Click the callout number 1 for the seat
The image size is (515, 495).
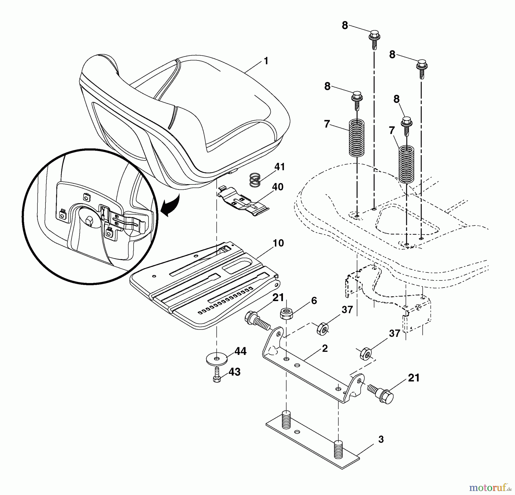[266, 61]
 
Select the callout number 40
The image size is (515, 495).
[278, 187]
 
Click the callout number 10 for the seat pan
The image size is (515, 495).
[278, 243]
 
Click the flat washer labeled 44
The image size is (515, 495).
[217, 358]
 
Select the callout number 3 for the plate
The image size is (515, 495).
[381, 439]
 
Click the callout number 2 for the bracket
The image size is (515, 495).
[324, 349]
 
